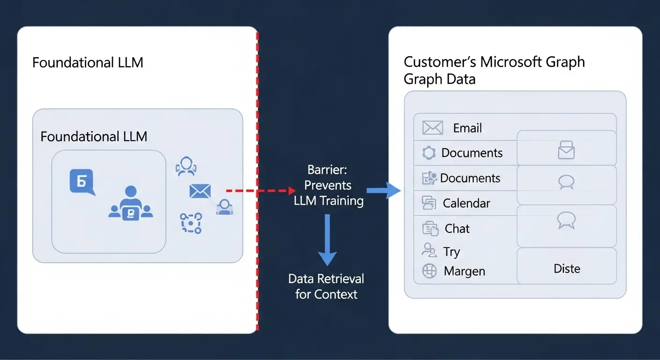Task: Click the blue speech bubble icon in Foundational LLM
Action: (x=82, y=182)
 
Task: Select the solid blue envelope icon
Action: (x=200, y=191)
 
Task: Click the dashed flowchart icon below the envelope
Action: (x=191, y=223)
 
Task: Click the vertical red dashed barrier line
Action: (x=257, y=117)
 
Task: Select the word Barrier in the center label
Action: (x=327, y=170)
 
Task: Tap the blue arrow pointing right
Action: (x=383, y=190)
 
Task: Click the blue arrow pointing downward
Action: (x=327, y=239)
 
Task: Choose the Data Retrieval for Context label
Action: (x=326, y=286)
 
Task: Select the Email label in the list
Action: (x=467, y=128)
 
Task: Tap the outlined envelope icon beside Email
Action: (x=432, y=127)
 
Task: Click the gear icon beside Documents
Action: (x=429, y=153)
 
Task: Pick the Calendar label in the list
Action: (x=466, y=203)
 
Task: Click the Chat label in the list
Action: (x=457, y=228)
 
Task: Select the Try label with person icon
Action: (x=451, y=252)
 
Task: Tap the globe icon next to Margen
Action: (x=429, y=271)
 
